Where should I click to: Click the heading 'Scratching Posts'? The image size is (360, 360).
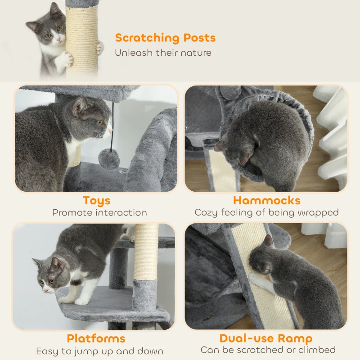coord(165,38)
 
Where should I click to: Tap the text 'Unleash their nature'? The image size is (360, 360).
coord(163,53)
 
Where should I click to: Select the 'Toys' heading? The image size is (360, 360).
coord(96,201)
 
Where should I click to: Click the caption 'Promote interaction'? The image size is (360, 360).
coord(99,212)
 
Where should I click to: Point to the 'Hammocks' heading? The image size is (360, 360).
coord(266,201)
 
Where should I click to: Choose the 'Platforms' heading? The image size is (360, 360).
coord(96,338)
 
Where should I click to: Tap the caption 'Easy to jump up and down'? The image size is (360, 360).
coord(99,351)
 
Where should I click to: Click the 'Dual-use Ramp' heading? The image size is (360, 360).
coord(265,338)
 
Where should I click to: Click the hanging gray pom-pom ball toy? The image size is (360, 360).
coord(109,159)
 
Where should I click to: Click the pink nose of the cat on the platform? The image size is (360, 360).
coord(45,288)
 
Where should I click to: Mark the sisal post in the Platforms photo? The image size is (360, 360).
coord(146,252)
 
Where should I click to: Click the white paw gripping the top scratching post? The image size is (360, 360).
coord(66,58)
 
